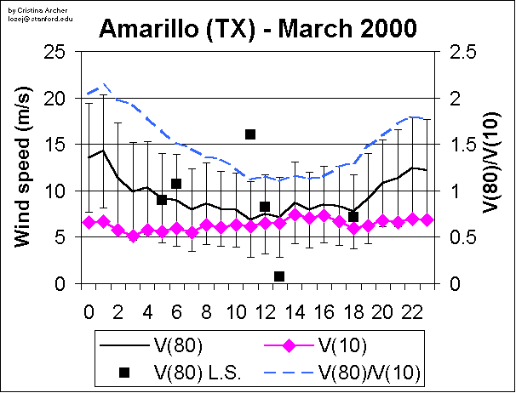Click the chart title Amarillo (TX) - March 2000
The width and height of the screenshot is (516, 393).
coord(257,30)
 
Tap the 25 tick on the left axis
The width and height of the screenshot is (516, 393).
coord(56,53)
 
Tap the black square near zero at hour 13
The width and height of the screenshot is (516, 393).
coord(279,276)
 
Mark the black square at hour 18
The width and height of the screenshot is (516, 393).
coord(353,217)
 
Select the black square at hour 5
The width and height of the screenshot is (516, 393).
coord(162,200)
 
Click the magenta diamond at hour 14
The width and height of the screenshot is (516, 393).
coord(295,215)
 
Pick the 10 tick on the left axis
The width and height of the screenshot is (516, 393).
coord(56,191)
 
